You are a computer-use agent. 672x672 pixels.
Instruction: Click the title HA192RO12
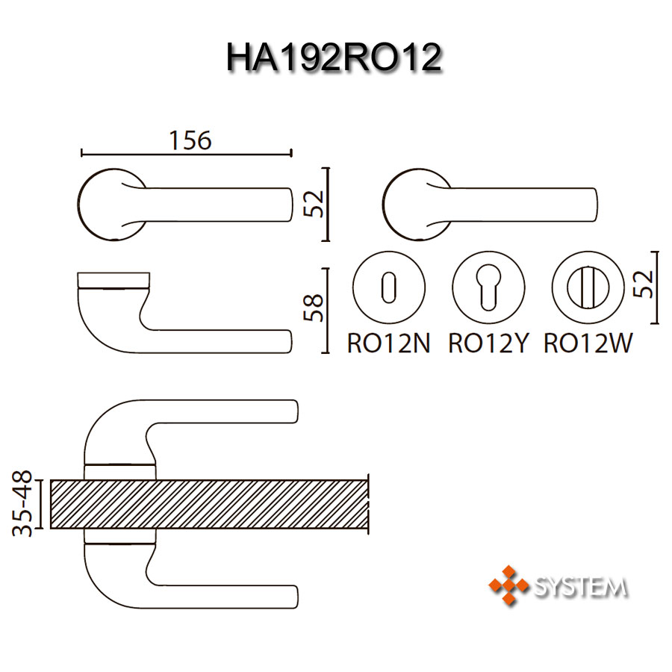point(334,57)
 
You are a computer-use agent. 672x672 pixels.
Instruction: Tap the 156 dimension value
point(190,140)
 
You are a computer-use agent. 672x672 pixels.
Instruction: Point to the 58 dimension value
point(313,308)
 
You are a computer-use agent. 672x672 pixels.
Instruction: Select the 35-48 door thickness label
point(22,503)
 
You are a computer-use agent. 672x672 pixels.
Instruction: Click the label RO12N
point(388,343)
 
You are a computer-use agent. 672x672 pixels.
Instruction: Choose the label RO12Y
point(488,343)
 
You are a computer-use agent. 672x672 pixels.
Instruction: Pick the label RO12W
point(588,343)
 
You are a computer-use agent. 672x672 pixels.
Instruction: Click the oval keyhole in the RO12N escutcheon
point(389,287)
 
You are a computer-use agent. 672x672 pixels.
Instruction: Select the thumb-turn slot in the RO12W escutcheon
point(588,287)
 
